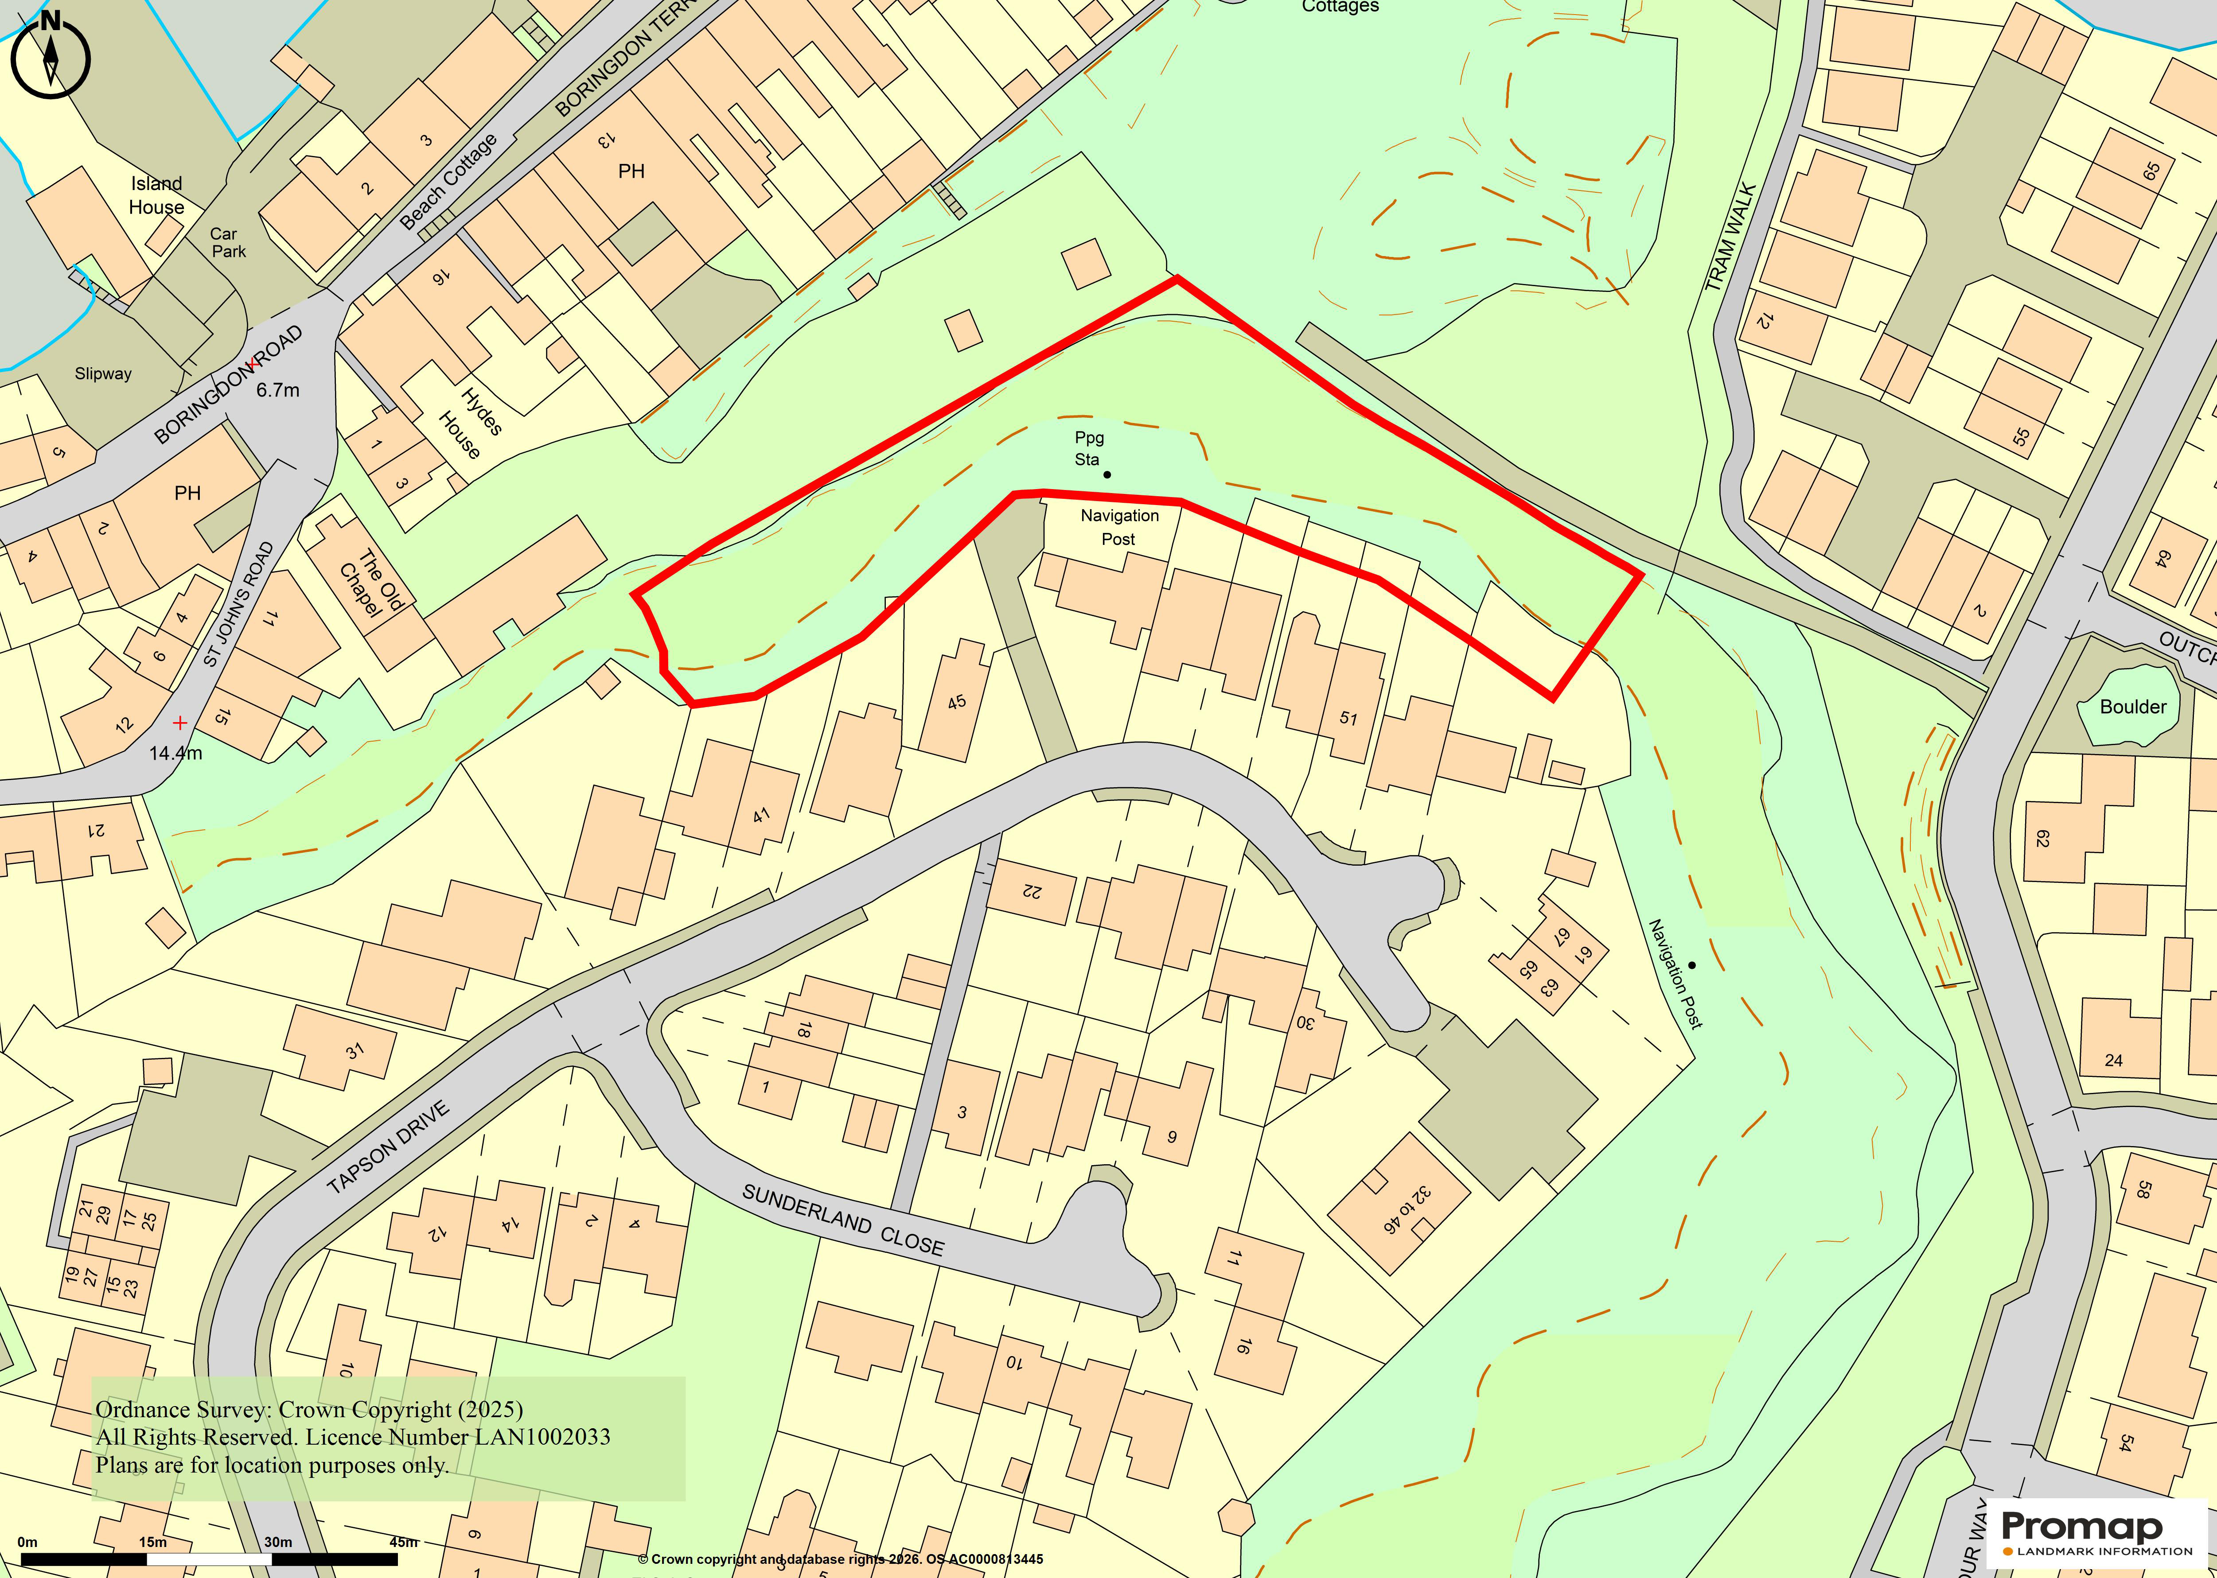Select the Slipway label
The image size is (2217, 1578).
coord(103,373)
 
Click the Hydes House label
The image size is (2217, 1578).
coord(471,424)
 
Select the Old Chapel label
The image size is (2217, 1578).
coord(370,583)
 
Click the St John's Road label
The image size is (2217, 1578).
coord(239,604)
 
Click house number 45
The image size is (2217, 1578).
coord(956,702)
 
